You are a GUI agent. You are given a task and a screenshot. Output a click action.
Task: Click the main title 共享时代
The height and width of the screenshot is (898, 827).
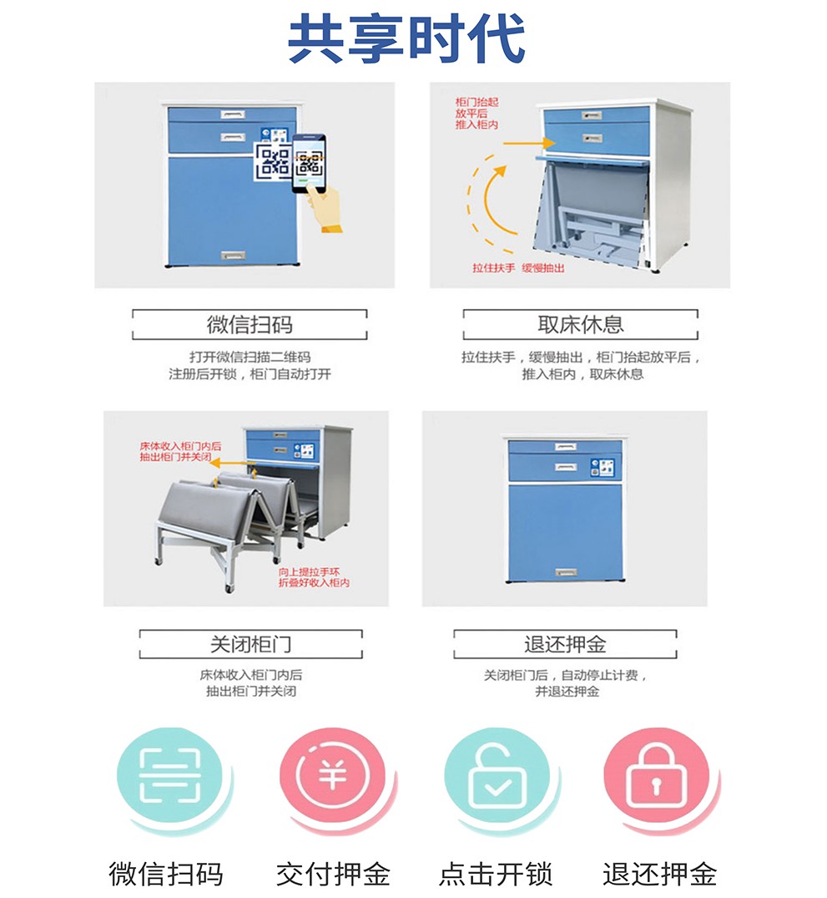[407, 38]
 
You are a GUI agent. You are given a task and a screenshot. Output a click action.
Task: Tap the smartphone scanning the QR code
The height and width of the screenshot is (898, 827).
[309, 163]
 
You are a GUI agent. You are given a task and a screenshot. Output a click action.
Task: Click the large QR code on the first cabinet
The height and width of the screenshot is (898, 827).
[274, 162]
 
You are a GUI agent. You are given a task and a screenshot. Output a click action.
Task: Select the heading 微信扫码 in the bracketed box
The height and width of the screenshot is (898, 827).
[250, 325]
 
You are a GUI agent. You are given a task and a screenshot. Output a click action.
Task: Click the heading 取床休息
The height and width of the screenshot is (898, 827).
[580, 325]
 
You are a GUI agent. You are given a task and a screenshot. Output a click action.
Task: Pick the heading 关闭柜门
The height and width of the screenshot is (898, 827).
[250, 644]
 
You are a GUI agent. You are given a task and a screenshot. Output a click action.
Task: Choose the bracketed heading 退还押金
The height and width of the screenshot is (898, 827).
[565, 644]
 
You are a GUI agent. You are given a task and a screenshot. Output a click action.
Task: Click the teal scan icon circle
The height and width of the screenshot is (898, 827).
[170, 775]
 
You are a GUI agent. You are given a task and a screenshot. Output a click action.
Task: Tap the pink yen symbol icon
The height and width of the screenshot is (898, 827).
[333, 775]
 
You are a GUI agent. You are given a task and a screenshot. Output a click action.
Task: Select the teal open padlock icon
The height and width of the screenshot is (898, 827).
[497, 775]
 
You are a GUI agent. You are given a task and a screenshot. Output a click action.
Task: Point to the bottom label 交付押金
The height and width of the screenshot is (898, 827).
[333, 874]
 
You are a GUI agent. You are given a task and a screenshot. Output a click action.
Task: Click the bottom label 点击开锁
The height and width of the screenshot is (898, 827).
[496, 874]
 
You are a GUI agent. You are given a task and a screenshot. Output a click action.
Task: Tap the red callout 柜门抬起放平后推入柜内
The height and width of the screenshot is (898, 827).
[477, 114]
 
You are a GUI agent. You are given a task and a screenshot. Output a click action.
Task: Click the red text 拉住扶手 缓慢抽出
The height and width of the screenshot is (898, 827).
[518, 268]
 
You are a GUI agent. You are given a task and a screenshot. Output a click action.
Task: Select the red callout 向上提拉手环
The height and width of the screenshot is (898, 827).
[309, 572]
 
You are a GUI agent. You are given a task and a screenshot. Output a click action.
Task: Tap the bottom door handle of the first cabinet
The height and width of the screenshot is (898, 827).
[233, 256]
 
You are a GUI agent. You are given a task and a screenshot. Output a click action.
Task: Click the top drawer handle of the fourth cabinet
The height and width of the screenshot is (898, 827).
[566, 447]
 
